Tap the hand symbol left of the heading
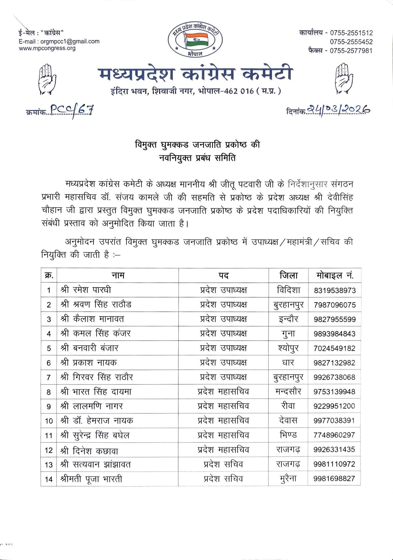pos(48,79)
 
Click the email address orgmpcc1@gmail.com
pos(70,42)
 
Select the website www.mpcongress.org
pos(47,48)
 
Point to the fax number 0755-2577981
pos(351,51)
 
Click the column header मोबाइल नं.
pos(335,275)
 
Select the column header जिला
pos(289,275)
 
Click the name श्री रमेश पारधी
pos(86,290)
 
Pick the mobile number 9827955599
pos(335,319)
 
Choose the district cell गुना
pos(288,334)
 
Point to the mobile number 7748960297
pos(335,435)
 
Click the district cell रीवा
pos(288,406)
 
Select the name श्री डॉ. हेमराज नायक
pos(97,421)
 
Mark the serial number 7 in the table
pos(49,377)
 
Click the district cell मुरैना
pos(288,479)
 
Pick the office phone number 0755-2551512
pos(351,33)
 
